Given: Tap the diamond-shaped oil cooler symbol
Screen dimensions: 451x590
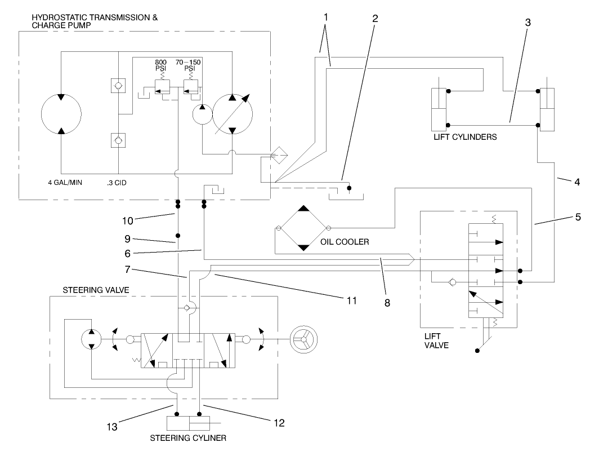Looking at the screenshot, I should click(x=303, y=228).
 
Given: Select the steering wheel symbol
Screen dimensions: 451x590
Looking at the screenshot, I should click(x=302, y=339).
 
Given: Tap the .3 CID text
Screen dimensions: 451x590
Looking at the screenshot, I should click(x=117, y=183).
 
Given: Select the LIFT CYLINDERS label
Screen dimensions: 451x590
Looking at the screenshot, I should click(x=464, y=137).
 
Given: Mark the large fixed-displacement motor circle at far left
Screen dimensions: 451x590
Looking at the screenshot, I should click(x=61, y=114).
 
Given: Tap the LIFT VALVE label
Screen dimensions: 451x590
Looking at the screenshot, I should click(x=436, y=341).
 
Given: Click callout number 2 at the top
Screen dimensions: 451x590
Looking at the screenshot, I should click(x=375, y=17).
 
